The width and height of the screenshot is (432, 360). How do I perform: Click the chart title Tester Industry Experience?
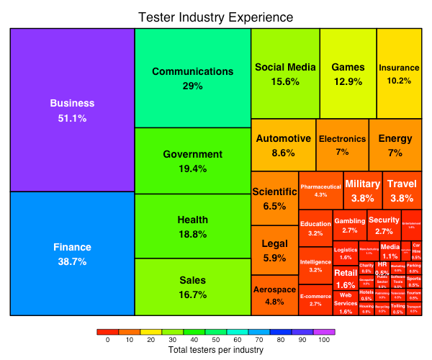click(216, 17)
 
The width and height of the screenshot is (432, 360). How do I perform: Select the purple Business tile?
click(72, 109)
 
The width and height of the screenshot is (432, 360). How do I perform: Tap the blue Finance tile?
click(72, 253)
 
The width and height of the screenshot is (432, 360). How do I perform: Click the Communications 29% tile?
click(192, 78)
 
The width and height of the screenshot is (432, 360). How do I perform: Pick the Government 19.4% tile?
click(192, 161)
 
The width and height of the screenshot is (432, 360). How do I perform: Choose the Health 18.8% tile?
click(192, 226)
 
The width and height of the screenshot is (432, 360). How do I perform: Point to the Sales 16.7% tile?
click(192, 287)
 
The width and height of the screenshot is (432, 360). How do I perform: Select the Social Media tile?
click(285, 73)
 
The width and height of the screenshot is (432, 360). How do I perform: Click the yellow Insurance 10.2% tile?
click(399, 73)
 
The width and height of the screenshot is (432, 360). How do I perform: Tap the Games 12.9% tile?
click(348, 73)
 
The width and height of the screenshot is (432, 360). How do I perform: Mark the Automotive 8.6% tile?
click(283, 145)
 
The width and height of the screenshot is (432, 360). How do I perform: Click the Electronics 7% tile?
click(342, 145)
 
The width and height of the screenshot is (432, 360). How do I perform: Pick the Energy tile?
click(395, 145)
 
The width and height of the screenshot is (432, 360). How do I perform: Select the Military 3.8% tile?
click(362, 191)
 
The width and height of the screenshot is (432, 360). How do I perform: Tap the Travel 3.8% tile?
click(401, 191)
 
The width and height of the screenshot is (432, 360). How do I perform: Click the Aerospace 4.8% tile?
click(274, 295)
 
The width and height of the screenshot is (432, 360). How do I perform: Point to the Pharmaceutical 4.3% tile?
click(320, 191)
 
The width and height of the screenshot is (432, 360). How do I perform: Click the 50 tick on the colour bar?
click(216, 340)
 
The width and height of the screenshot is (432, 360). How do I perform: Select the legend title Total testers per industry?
click(216, 350)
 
